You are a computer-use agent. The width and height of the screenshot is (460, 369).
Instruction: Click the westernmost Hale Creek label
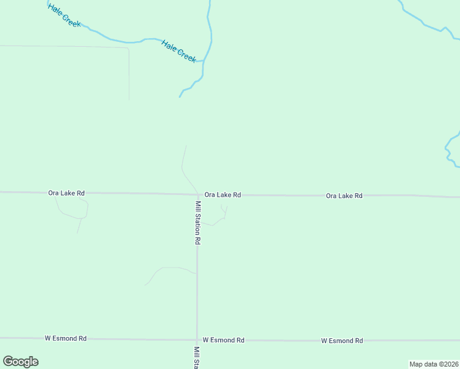pyautogui.click(x=64, y=15)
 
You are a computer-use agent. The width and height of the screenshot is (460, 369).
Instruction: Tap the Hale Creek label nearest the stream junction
pyautogui.click(x=178, y=51)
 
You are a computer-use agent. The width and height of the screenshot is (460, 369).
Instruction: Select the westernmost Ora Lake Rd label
pyautogui.click(x=66, y=192)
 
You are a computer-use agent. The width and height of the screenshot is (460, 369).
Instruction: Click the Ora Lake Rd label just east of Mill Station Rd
pyautogui.click(x=223, y=194)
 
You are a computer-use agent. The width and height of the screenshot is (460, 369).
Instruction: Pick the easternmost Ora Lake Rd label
pyautogui.click(x=344, y=196)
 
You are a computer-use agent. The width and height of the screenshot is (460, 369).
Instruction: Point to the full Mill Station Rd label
pyautogui.click(x=197, y=223)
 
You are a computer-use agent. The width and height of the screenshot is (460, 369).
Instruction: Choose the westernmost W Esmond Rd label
pyautogui.click(x=65, y=338)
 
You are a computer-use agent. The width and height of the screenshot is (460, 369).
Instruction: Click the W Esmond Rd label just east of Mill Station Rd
pyautogui.click(x=223, y=340)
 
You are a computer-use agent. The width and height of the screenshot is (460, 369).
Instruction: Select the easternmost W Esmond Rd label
pyautogui.click(x=342, y=341)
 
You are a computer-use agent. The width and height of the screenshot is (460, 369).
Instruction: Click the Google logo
pyautogui.click(x=20, y=362)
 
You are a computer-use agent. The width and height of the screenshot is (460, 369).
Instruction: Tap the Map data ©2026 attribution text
pyautogui.click(x=434, y=364)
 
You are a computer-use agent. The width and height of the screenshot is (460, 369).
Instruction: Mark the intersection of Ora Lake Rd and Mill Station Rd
pyautogui.click(x=197, y=195)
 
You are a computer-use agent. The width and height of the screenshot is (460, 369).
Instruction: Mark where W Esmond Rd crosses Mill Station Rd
pyautogui.click(x=197, y=339)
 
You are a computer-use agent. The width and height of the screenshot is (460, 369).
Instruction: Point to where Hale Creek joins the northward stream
pyautogui.click(x=204, y=60)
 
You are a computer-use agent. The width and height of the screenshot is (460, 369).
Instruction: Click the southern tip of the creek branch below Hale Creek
pyautogui.click(x=180, y=97)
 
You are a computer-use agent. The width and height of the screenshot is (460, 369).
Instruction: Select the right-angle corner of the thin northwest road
pyautogui.click(x=129, y=47)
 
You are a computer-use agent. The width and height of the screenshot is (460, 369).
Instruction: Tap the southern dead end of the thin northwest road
pyautogui.click(x=129, y=100)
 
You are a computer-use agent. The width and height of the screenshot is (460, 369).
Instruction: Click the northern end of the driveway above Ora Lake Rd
pyautogui.click(x=186, y=146)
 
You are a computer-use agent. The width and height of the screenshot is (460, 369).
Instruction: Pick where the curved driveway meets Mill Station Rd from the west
pyautogui.click(x=197, y=271)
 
